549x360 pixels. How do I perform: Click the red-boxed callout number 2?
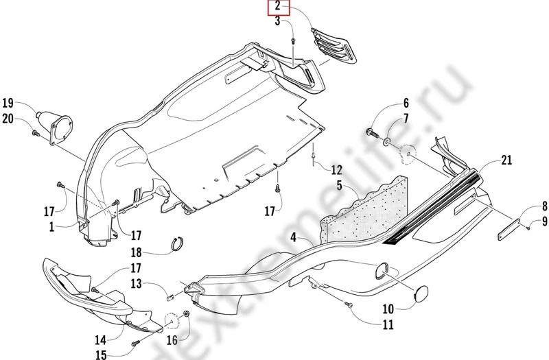[279, 8]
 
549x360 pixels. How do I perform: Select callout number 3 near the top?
[279, 22]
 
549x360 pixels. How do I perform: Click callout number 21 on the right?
[506, 160]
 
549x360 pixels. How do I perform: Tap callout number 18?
[136, 251]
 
